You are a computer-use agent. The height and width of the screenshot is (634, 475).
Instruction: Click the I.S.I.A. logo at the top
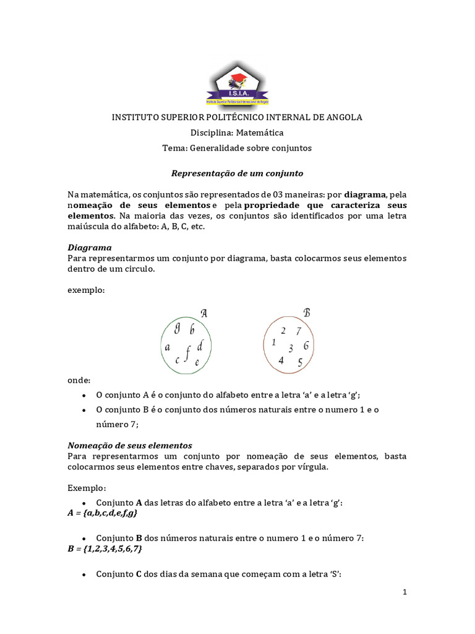tap(237, 87)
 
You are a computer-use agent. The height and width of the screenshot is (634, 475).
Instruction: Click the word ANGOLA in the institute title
tap(341, 117)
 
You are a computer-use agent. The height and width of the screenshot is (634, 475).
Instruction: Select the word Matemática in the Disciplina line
tap(260, 132)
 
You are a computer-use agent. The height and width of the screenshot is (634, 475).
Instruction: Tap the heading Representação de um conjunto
tap(237, 174)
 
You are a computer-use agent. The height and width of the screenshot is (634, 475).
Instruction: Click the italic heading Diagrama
tap(89, 247)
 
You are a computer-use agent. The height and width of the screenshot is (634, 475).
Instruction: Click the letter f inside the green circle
tap(187, 354)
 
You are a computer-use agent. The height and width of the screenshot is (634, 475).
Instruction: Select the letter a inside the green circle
tap(167, 347)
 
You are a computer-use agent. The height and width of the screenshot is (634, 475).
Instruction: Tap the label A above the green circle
tap(203, 313)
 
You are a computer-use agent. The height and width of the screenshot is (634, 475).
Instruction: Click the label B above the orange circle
tap(306, 313)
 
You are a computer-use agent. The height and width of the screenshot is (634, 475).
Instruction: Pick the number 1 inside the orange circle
tap(273, 342)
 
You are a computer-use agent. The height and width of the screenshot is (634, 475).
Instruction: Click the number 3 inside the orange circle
tap(291, 348)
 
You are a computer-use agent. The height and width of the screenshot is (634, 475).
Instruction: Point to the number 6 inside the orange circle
tap(306, 345)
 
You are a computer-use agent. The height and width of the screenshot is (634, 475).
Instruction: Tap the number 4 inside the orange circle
tap(281, 360)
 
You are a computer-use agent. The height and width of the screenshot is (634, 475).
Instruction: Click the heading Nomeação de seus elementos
tap(129, 445)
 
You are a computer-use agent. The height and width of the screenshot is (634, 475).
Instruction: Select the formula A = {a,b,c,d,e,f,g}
tap(102, 513)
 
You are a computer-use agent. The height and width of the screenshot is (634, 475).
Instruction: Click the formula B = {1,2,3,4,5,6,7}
tap(105, 549)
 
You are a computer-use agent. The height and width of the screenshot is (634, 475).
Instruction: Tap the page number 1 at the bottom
tap(404, 592)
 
